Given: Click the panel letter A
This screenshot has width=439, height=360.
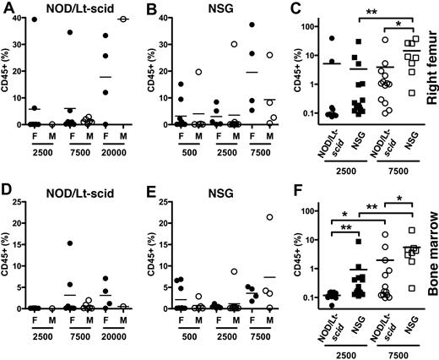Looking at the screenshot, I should (x=7, y=8).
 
